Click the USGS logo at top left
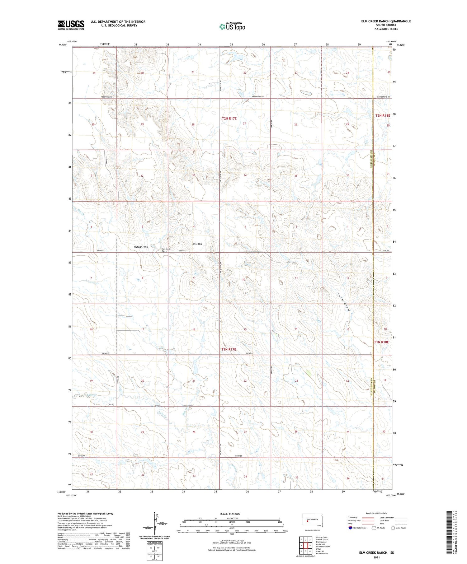click(71, 25)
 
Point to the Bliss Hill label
click(197, 244)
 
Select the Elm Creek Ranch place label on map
click(166, 250)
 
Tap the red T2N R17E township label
click(229, 119)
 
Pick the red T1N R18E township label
click(381, 342)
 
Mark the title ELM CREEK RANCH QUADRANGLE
click(385, 21)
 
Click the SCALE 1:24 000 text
click(230, 514)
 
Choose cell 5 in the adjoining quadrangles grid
click(310, 545)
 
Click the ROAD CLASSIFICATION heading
click(377, 513)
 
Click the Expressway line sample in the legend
click(367, 518)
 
